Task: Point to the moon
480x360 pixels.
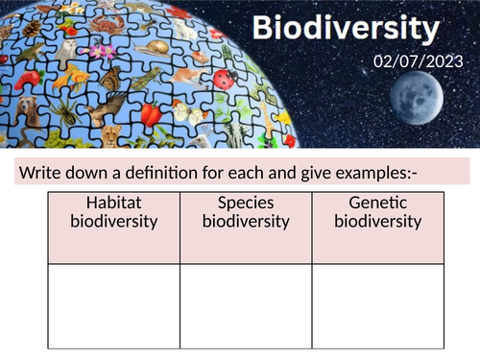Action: (411, 112)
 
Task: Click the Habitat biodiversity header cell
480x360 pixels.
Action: (113, 228)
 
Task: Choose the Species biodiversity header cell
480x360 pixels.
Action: (246, 228)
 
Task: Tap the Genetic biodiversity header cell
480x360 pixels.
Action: (378, 228)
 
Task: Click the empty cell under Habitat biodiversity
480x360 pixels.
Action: (113, 305)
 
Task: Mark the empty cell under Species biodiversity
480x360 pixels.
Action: (246, 305)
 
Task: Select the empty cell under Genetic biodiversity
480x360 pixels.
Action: (378, 305)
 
